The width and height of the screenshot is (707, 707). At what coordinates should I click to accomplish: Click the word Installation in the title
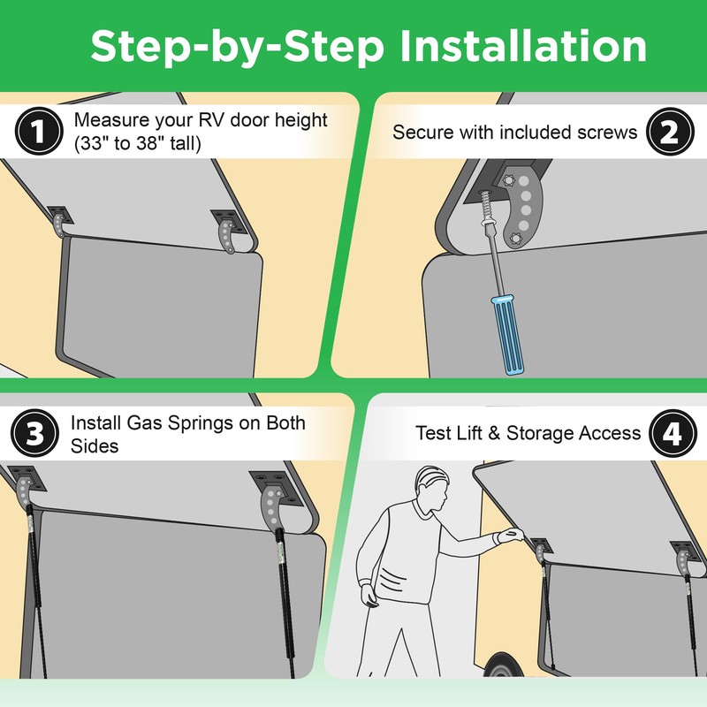point(523,46)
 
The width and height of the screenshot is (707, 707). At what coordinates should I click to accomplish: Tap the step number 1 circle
point(39,131)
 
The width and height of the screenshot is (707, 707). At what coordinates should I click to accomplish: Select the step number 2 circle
point(670,132)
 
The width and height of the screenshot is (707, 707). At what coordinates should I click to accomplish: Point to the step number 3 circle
point(34,433)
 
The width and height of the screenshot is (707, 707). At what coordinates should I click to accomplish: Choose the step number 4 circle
point(673,433)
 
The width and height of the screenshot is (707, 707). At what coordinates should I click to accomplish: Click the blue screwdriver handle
point(507,335)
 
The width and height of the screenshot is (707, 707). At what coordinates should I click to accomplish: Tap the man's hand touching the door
point(510,536)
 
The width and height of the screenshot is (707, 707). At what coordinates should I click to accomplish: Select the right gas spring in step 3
point(284,600)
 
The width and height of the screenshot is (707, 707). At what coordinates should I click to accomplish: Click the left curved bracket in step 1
point(59,226)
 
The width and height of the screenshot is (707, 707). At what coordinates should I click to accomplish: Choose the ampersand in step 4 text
point(494,433)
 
